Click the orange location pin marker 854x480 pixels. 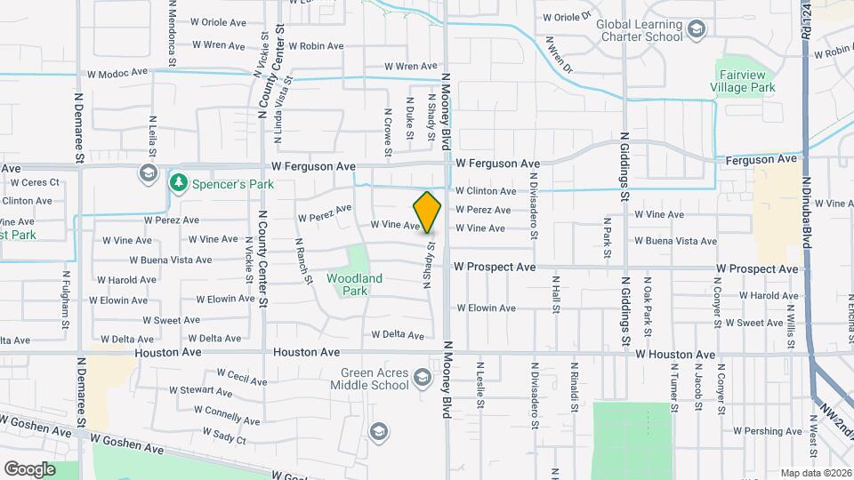coord(427,212)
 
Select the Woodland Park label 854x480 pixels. coord(354,284)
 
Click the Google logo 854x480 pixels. coord(29,468)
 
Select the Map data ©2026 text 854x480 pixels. coord(816,473)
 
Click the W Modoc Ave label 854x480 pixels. coord(116,76)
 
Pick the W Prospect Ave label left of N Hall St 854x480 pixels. coord(495,267)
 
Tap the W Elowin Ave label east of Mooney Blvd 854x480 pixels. coord(486,308)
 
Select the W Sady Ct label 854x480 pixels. coord(222,435)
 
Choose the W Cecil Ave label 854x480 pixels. coord(241,377)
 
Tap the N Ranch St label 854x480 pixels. coord(304,260)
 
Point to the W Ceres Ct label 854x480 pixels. coord(35,182)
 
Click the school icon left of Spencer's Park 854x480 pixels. coord(148,172)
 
